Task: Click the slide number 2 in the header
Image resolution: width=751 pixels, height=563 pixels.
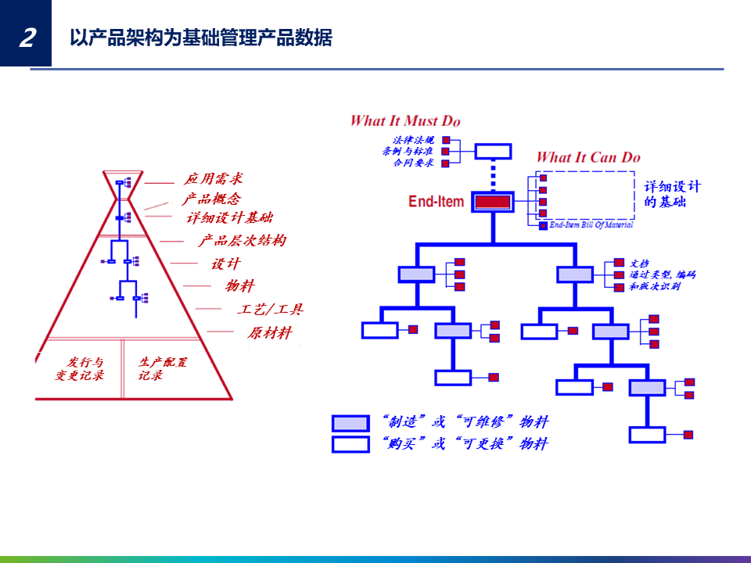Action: point(27,37)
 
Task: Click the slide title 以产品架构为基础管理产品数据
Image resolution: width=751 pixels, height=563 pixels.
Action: point(200,37)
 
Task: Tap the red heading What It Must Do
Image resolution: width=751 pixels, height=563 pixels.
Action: point(405,120)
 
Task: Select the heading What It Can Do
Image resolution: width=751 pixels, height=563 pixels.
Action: point(588,157)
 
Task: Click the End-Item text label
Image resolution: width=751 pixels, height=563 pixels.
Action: point(436,202)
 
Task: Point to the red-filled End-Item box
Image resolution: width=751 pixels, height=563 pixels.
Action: point(493,202)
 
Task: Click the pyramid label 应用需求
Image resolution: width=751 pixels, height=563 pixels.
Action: point(214,180)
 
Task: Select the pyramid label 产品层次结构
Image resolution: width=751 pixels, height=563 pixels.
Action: point(242,241)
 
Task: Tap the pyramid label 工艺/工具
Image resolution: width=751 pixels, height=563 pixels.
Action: point(270,310)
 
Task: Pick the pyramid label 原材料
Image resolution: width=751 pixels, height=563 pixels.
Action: point(270,333)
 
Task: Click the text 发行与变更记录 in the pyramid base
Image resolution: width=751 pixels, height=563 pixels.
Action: point(79,369)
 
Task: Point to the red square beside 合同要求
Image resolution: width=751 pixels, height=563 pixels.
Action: point(446,163)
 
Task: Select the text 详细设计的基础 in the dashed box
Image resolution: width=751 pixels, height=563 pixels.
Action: point(672,194)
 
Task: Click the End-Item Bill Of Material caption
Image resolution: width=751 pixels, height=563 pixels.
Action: point(591,225)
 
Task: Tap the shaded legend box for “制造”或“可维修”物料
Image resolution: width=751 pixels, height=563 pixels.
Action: point(350,423)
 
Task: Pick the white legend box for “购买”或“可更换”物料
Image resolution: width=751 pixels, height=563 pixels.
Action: point(350,444)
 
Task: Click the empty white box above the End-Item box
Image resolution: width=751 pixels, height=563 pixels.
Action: point(493,151)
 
